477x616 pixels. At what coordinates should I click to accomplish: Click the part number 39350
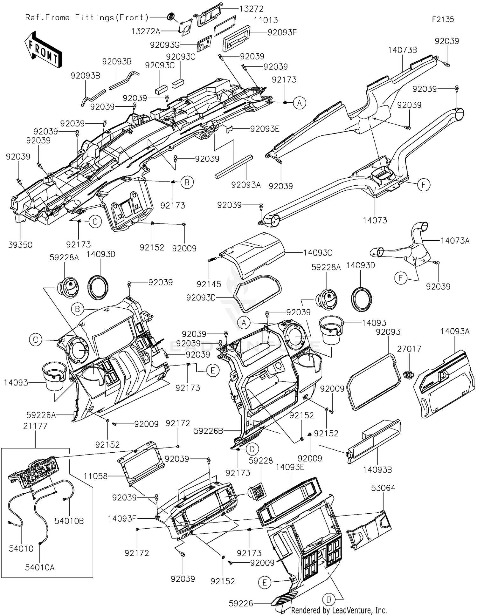pos(20,245)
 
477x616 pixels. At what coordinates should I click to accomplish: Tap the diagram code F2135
pos(443,19)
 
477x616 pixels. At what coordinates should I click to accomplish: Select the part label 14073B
pos(403,50)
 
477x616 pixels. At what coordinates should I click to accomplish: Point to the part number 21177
pos(35,426)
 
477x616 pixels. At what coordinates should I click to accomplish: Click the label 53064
pos(383,488)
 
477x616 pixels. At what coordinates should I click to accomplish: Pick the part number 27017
pos(409,349)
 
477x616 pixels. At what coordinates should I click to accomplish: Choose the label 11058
pos(96,476)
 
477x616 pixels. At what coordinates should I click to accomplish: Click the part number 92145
pos(209,284)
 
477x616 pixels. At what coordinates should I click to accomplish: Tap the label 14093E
pos(290,467)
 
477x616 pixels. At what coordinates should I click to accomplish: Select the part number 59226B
pos(209,431)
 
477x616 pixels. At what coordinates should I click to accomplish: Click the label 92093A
pos(246,185)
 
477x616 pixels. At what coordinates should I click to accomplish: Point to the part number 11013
pos(266,20)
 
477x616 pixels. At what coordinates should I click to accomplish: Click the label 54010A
pos(40,567)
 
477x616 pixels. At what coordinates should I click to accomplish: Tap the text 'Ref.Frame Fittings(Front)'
pos(87,17)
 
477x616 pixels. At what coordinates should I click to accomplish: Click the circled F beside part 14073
pos(424,185)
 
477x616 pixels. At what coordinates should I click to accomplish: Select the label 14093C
pos(318,253)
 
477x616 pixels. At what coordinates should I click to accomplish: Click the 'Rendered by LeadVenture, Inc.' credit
pos(339,610)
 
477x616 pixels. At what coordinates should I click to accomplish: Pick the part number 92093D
pos(201,298)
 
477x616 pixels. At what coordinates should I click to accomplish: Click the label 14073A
pos(455,241)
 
